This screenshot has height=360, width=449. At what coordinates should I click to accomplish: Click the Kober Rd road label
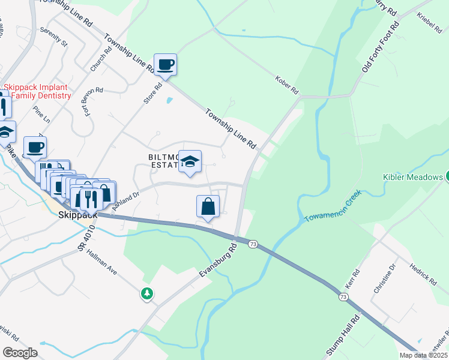287,85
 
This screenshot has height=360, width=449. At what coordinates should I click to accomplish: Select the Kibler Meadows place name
412,177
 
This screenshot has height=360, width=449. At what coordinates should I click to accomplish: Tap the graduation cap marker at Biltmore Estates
190,161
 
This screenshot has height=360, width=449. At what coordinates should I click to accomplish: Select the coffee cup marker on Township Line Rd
164,64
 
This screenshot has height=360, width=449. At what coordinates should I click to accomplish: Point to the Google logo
20,353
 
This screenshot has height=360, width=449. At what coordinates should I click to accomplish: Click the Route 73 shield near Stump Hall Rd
343,297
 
